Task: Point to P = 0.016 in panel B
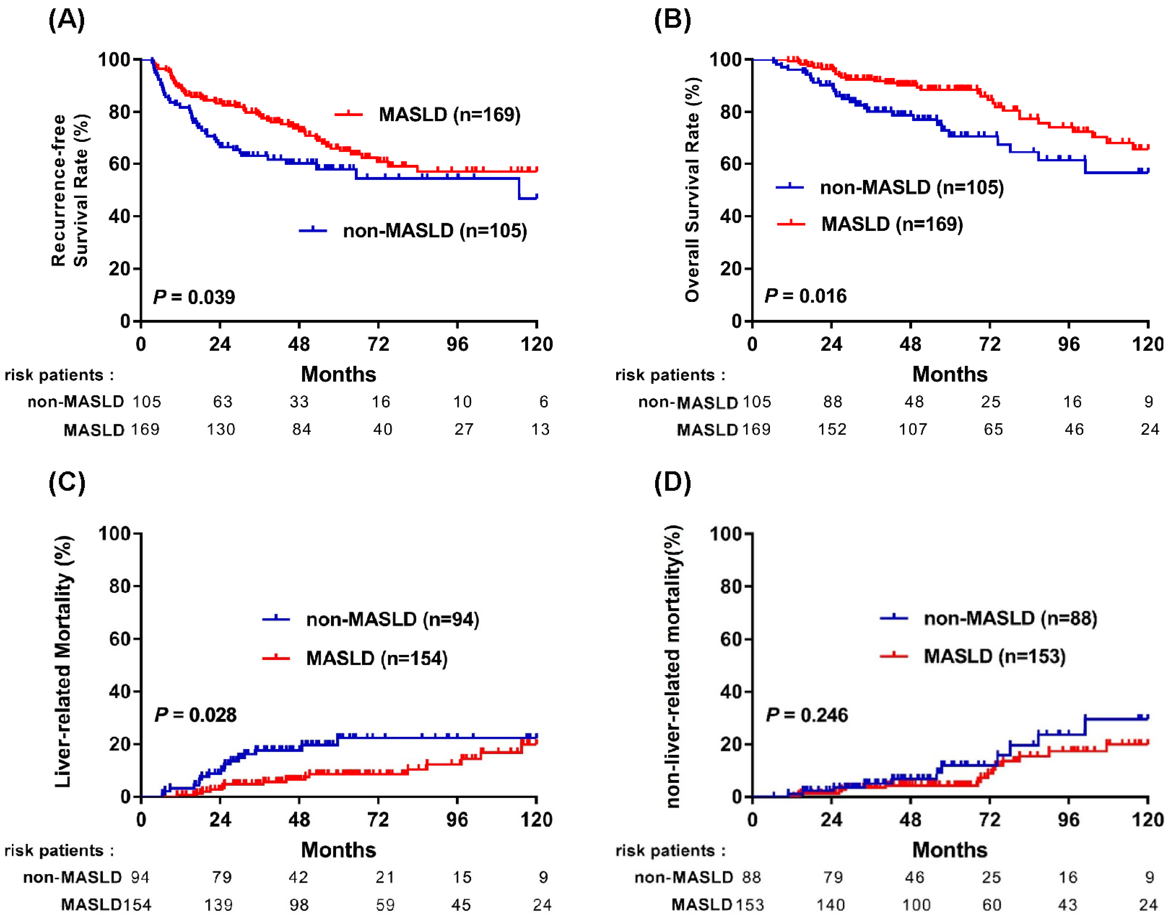pos(805,296)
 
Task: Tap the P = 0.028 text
pos(196,715)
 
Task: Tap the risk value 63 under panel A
pos(222,401)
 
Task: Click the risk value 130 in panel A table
pos(221,430)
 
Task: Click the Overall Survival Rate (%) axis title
pos(692,189)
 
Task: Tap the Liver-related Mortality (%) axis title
pos(63,661)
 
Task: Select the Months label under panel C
pos(338,850)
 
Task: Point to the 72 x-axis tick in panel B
pos(990,343)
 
